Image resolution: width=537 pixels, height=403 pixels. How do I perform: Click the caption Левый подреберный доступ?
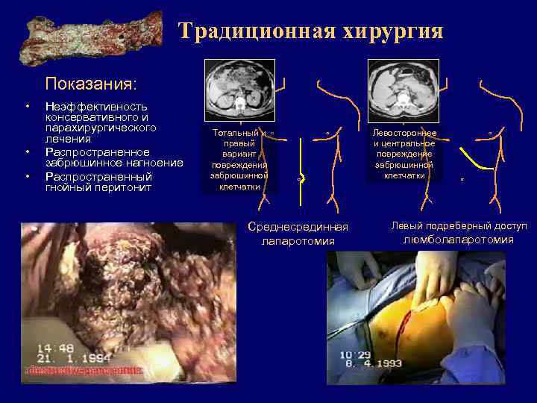[459, 225]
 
